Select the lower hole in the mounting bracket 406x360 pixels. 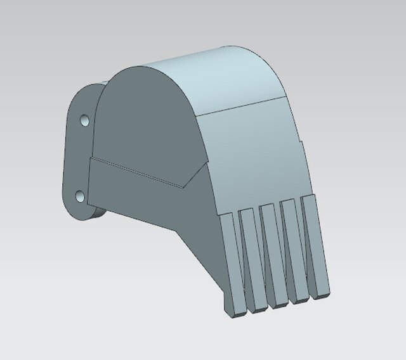81,196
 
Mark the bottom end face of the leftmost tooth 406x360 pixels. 237,311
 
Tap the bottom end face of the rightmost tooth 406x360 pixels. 321,295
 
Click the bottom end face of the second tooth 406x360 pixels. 258,308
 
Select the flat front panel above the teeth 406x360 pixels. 254,152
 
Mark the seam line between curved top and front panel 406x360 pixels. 241,106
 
